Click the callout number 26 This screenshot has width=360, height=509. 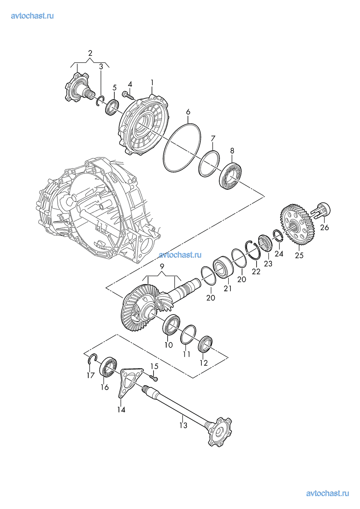tap(324, 227)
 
